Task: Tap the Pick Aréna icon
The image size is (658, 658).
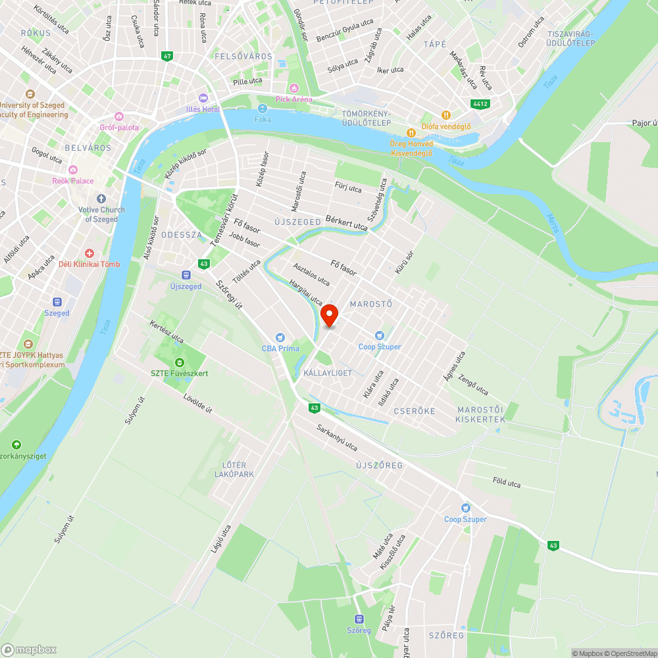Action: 294,88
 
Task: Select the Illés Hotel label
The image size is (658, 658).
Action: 203,109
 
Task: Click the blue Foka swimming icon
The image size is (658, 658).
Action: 263,109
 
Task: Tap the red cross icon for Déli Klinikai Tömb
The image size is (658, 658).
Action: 89,253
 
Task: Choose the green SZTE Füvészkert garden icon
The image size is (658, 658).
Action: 179,363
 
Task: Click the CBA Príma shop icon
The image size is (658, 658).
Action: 281,338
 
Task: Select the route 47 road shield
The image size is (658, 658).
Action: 167,57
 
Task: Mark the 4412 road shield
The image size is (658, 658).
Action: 480,104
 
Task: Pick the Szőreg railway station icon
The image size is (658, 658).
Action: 359,619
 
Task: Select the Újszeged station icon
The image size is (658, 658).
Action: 186,275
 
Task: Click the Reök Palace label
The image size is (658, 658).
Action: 73,181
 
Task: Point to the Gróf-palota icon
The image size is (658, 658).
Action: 118,116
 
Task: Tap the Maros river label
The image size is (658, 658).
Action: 553,223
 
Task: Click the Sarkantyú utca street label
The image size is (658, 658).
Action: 336,438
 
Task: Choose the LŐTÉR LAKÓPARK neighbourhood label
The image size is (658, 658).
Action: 234,470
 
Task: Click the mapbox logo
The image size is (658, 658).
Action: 29,649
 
